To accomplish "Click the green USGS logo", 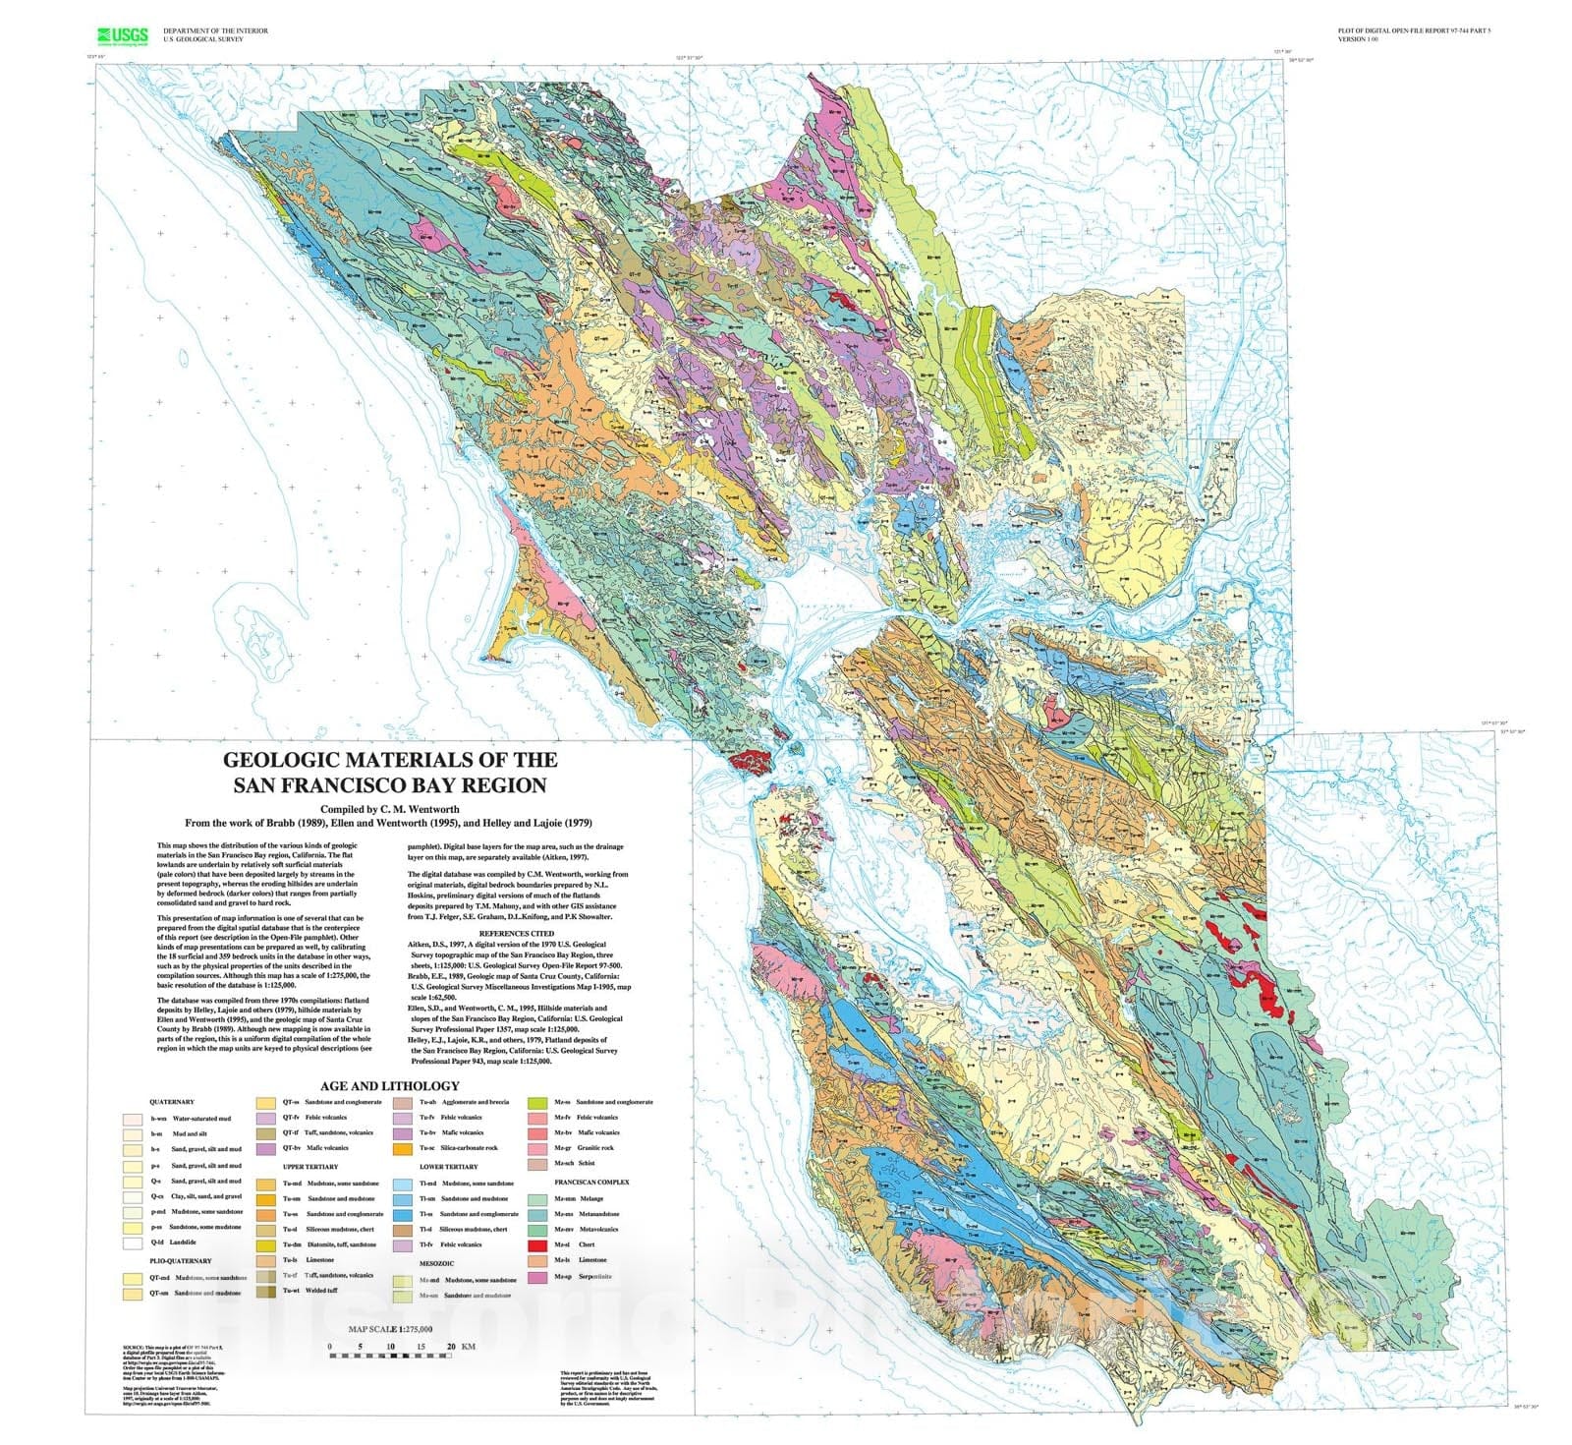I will pyautogui.click(x=122, y=36).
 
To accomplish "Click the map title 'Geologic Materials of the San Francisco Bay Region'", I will pyautogui.click(x=389, y=772).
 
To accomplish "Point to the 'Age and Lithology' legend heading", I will pyautogui.click(x=389, y=1086).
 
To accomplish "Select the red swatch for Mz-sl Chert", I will pyautogui.click(x=537, y=1245).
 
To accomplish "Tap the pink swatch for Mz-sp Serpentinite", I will pyautogui.click(x=537, y=1277).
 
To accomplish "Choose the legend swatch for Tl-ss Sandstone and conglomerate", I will pyautogui.click(x=402, y=1214).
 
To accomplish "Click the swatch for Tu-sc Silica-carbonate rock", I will pyautogui.click(x=402, y=1148).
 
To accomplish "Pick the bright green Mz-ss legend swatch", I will pyautogui.click(x=537, y=1102).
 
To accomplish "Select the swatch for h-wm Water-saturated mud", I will pyautogui.click(x=130, y=1119).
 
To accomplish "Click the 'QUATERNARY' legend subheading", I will pyautogui.click(x=171, y=1102).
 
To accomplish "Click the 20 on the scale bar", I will pyautogui.click(x=452, y=1347).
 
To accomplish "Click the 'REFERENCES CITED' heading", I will pyautogui.click(x=516, y=933).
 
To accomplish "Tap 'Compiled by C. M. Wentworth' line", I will pyautogui.click(x=389, y=809).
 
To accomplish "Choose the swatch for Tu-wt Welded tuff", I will pyautogui.click(x=265, y=1291).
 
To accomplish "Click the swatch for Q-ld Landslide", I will pyautogui.click(x=130, y=1243).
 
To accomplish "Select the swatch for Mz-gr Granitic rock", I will pyautogui.click(x=537, y=1148).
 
